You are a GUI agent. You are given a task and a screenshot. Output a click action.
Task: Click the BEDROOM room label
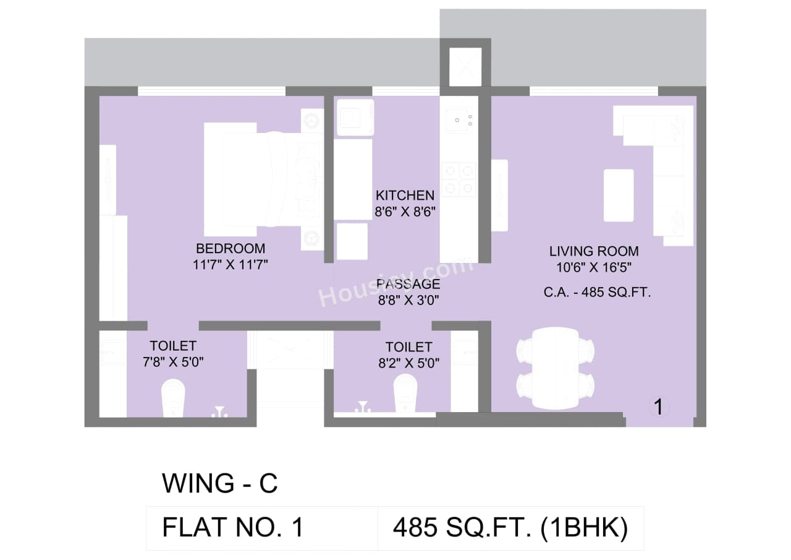[231, 249]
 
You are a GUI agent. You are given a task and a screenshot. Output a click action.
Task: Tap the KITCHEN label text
[405, 196]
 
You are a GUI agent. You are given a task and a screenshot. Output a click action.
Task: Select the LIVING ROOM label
[594, 251]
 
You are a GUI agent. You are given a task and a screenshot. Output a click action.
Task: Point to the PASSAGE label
[408, 284]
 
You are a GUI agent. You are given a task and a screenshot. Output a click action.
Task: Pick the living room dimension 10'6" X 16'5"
[594, 267]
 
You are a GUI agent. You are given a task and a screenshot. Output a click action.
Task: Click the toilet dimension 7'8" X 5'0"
[173, 361]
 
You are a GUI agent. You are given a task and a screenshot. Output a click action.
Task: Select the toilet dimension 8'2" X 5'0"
[408, 363]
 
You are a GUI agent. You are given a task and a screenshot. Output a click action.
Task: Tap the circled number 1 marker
[659, 407]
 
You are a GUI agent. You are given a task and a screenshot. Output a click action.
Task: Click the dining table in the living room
[556, 368]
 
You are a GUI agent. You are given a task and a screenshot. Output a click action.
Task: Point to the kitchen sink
[458, 118]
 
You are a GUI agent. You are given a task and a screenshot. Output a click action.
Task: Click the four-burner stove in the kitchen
[459, 179]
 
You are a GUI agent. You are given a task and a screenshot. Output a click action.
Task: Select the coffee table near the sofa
[619, 195]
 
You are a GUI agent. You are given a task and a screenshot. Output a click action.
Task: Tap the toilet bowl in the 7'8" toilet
[172, 398]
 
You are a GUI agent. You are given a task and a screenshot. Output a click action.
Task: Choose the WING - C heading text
[219, 483]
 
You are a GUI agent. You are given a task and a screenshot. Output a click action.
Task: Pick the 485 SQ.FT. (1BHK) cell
[510, 528]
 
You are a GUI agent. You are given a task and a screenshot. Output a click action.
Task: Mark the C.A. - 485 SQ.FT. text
[598, 293]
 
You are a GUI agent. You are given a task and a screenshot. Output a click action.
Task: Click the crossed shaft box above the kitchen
[465, 66]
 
